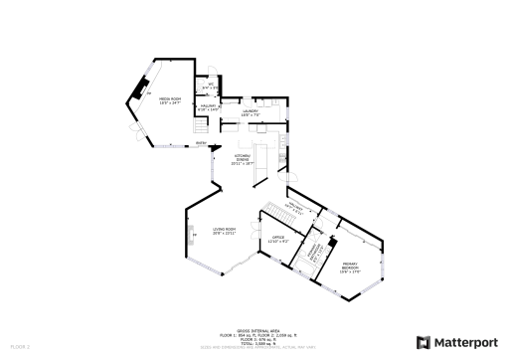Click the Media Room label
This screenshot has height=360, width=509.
(170, 100)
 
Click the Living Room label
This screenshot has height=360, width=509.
(224, 232)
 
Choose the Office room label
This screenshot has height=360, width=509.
(278, 239)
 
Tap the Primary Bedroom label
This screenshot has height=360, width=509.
(350, 268)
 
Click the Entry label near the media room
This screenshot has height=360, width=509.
(201, 143)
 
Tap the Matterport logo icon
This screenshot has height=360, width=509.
(423, 342)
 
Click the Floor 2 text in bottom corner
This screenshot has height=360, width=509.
(19, 346)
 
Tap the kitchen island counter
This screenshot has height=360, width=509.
(254, 163)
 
